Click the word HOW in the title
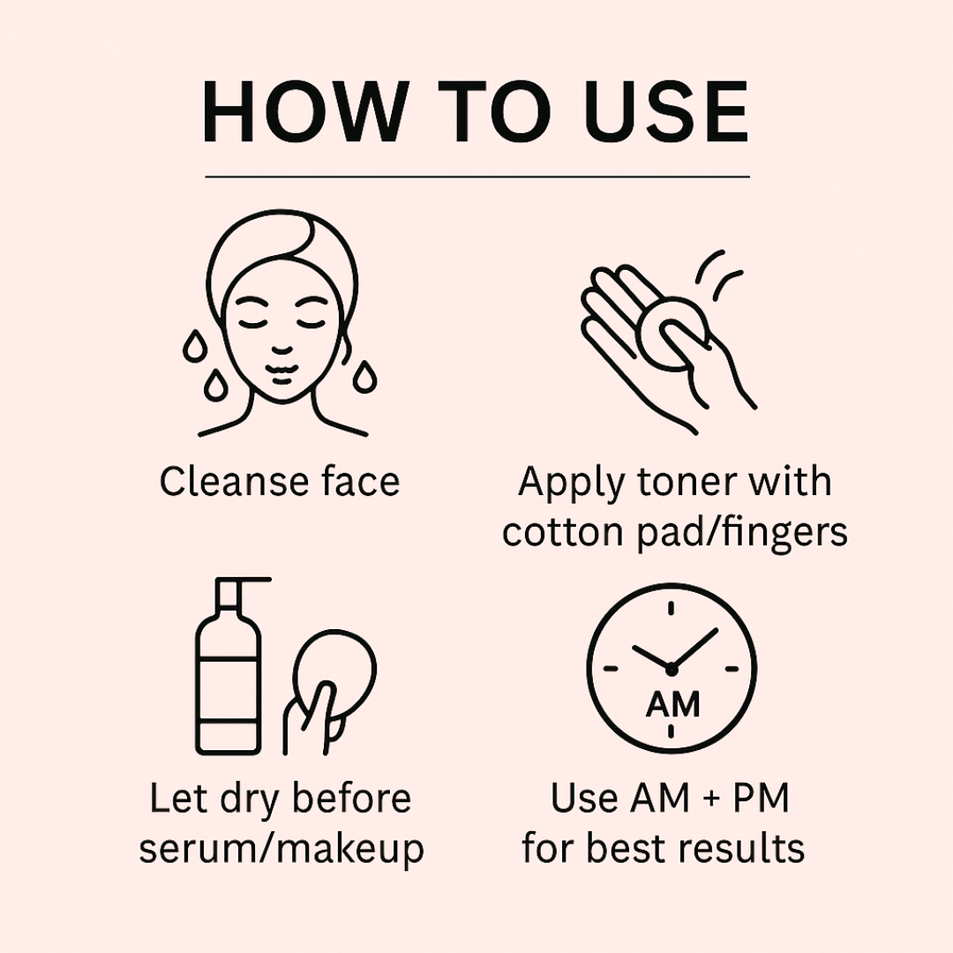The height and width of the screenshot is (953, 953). click(303, 113)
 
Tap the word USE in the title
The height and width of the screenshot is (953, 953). click(665, 113)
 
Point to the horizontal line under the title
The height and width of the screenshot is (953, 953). click(477, 176)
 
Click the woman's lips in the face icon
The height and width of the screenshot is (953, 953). click(281, 374)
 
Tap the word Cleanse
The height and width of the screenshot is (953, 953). click(234, 482)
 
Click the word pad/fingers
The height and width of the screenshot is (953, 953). click(742, 534)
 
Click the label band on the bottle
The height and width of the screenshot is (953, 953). click(229, 690)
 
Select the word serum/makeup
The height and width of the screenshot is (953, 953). click(281, 850)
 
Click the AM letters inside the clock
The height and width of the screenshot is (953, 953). click(672, 704)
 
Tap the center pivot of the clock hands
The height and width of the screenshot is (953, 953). click(671, 669)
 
